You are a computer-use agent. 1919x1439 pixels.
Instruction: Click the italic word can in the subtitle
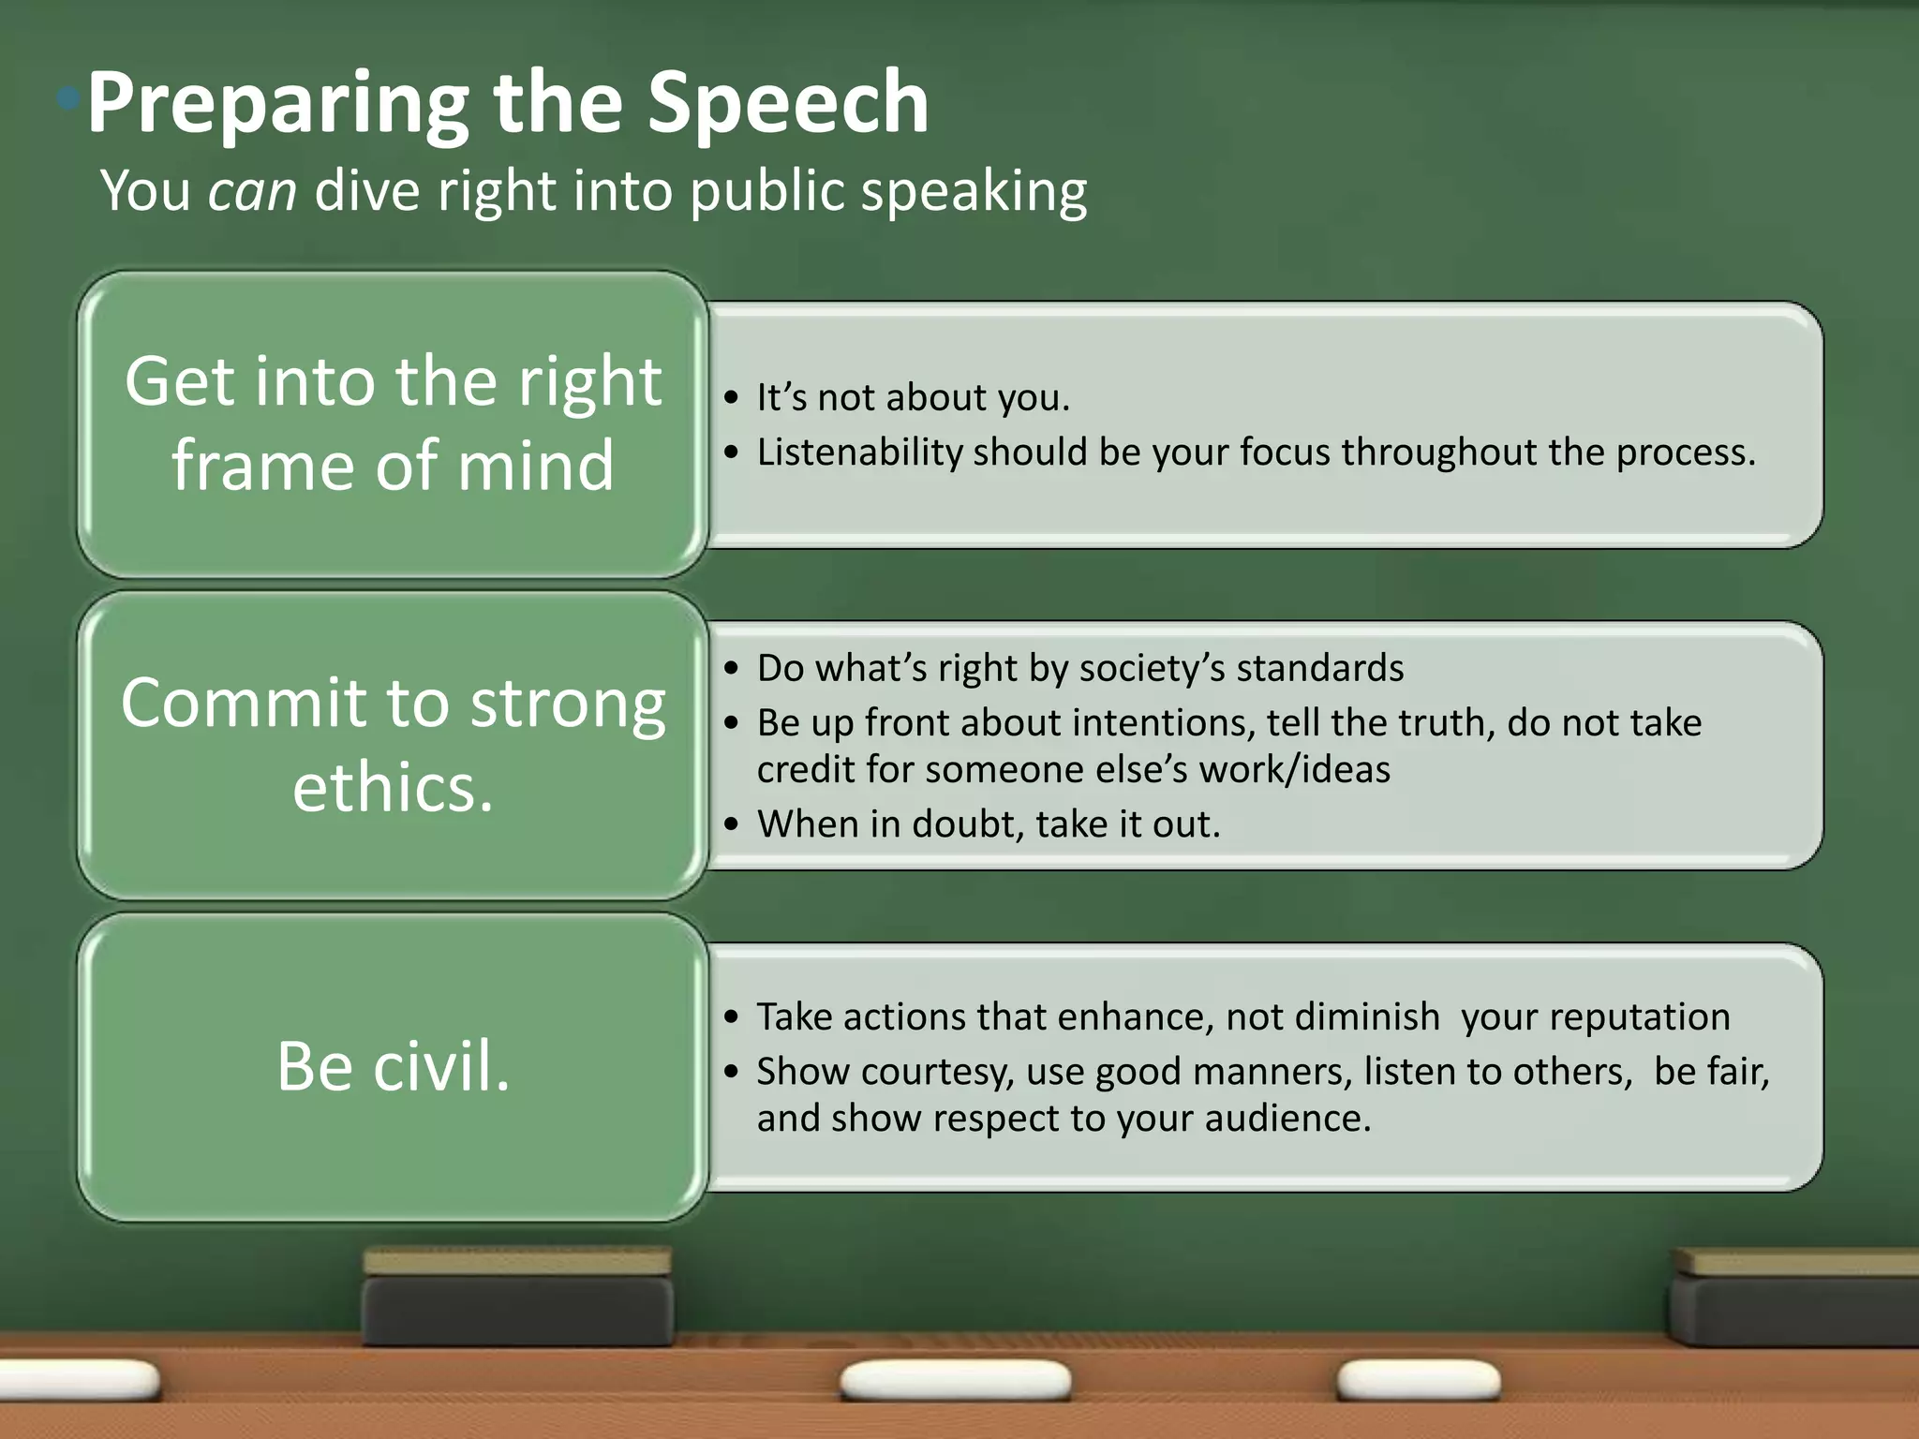click(x=252, y=191)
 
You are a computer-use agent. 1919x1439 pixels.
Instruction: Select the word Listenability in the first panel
click(x=859, y=452)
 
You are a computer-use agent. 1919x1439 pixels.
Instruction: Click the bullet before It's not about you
click(x=732, y=398)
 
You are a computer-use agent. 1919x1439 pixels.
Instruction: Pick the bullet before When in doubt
click(x=732, y=825)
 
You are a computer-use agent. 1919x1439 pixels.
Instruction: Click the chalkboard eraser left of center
click(x=517, y=1298)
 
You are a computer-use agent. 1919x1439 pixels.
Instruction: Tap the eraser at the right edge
click(x=1794, y=1298)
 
